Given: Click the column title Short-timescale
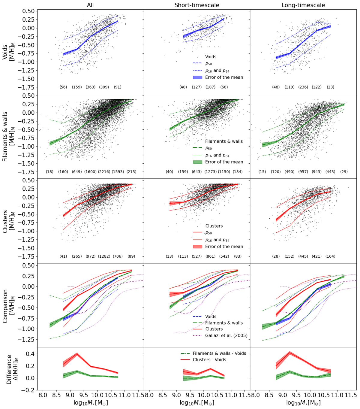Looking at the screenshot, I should coord(197,5).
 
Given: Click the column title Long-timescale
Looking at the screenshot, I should coord(303,5).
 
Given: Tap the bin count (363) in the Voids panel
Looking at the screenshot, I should coord(91,87).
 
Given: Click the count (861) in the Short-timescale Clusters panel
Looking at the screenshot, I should coord(210,256).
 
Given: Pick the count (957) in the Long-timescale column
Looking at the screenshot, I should coord(303,172).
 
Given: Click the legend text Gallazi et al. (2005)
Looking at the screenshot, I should coord(226,335).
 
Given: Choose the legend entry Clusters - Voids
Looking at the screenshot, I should coord(209,360).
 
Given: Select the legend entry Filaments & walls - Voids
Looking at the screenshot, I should coord(219,353).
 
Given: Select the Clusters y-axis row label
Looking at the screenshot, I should coord(8,221).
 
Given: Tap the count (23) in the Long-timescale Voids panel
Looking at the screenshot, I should coord(330,87).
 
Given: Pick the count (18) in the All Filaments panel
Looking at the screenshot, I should coord(49,172).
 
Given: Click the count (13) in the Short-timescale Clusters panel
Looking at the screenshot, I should coord(169,256).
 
